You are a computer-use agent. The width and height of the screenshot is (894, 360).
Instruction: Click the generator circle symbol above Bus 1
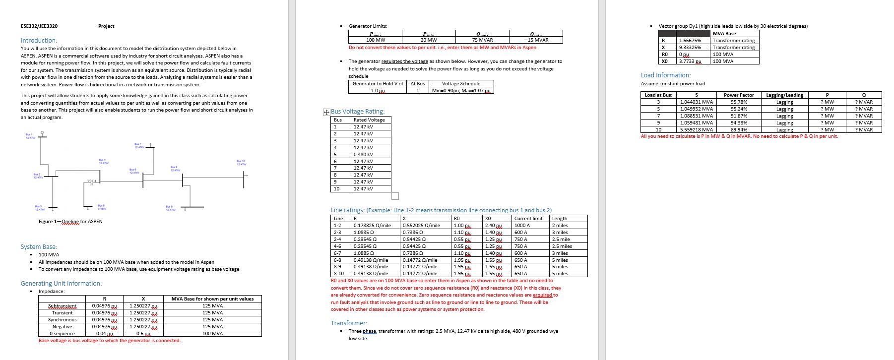tap(43, 133)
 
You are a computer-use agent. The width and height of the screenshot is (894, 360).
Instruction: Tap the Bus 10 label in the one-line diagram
tap(241, 162)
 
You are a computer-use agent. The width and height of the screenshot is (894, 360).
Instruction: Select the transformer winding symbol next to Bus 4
tap(91, 183)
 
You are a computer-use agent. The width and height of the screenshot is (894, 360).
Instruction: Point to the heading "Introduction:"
tap(39, 41)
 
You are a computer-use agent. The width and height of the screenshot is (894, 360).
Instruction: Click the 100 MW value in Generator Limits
tap(376, 40)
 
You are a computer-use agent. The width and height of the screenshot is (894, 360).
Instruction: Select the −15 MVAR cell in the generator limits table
tap(535, 40)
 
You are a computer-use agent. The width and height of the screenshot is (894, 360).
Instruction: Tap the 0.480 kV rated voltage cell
tap(363, 154)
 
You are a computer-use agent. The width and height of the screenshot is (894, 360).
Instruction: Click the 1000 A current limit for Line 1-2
tap(522, 225)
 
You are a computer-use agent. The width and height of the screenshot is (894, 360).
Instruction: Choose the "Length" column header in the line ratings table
tap(559, 218)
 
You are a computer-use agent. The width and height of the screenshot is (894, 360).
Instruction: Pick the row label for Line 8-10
tap(338, 273)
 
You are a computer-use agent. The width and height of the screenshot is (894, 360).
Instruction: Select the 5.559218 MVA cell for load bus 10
tap(696, 129)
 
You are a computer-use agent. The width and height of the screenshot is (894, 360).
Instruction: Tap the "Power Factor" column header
tap(738, 95)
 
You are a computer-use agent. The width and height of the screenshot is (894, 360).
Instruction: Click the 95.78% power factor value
tap(739, 102)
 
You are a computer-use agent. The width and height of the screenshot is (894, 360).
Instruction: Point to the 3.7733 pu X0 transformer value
tap(690, 61)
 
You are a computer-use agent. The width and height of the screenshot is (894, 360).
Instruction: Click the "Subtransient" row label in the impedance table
tap(63, 306)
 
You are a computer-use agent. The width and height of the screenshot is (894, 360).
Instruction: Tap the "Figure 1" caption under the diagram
tap(70, 221)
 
